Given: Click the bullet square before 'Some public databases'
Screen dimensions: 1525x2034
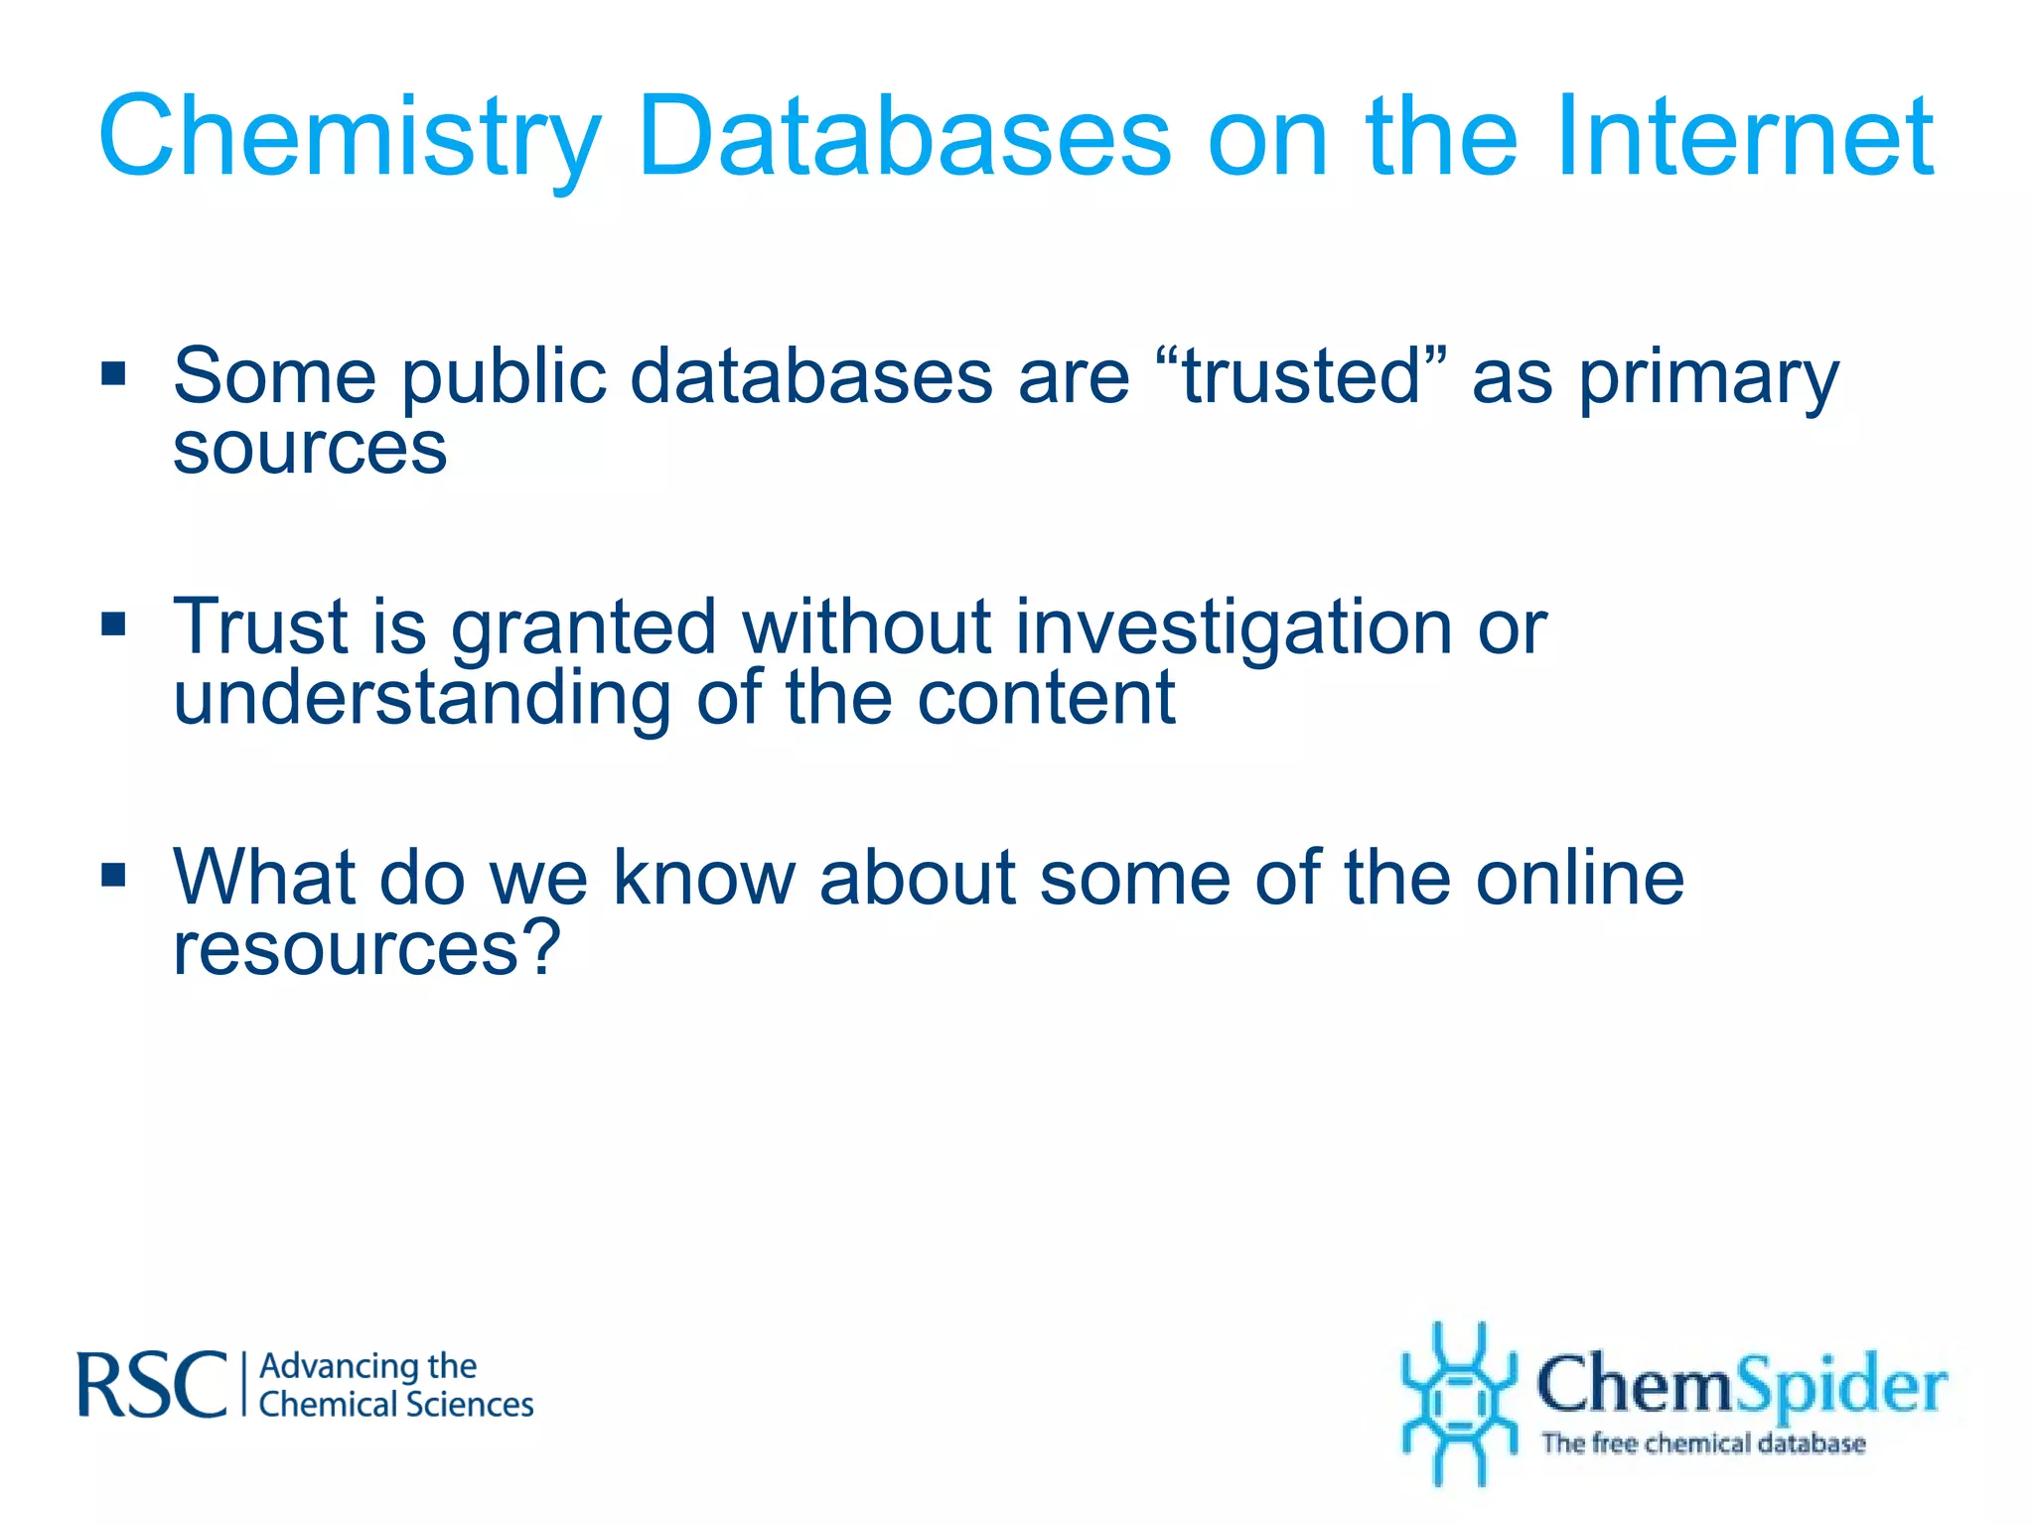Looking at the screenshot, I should point(114,373).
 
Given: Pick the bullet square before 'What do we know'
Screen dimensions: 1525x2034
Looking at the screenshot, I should point(114,875).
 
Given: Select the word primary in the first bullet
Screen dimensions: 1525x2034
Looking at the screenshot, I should point(1708,379).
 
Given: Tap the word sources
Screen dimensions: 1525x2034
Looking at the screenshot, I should point(310,449).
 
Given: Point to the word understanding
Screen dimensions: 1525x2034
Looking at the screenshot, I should point(422,699).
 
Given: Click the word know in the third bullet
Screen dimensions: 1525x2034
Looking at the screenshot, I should point(703,878).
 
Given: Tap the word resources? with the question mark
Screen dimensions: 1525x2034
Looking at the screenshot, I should point(366,949).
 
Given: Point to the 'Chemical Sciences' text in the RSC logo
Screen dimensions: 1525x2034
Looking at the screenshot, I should point(395,1405).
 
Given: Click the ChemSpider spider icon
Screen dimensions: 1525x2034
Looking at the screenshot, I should point(1458,1402).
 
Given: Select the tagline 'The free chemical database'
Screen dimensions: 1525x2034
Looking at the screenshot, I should point(1702,1443).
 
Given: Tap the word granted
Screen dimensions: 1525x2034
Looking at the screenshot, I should point(583,629).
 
